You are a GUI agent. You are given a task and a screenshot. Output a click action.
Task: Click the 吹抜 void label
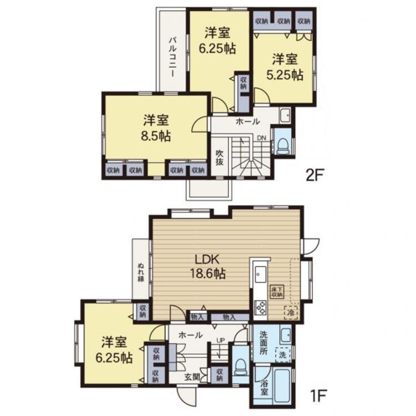tap(220, 157)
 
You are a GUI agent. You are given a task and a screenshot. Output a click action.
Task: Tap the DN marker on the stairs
tap(261, 138)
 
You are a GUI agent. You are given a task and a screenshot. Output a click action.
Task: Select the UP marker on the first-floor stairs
tap(220, 341)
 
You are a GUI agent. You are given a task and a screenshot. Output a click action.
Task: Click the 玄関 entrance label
tap(192, 377)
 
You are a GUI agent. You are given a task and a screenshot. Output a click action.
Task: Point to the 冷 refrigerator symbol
tap(290, 313)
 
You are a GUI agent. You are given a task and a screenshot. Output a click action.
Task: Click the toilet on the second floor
tap(282, 145)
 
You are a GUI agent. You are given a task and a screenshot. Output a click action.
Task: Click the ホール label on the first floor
tap(191, 335)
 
